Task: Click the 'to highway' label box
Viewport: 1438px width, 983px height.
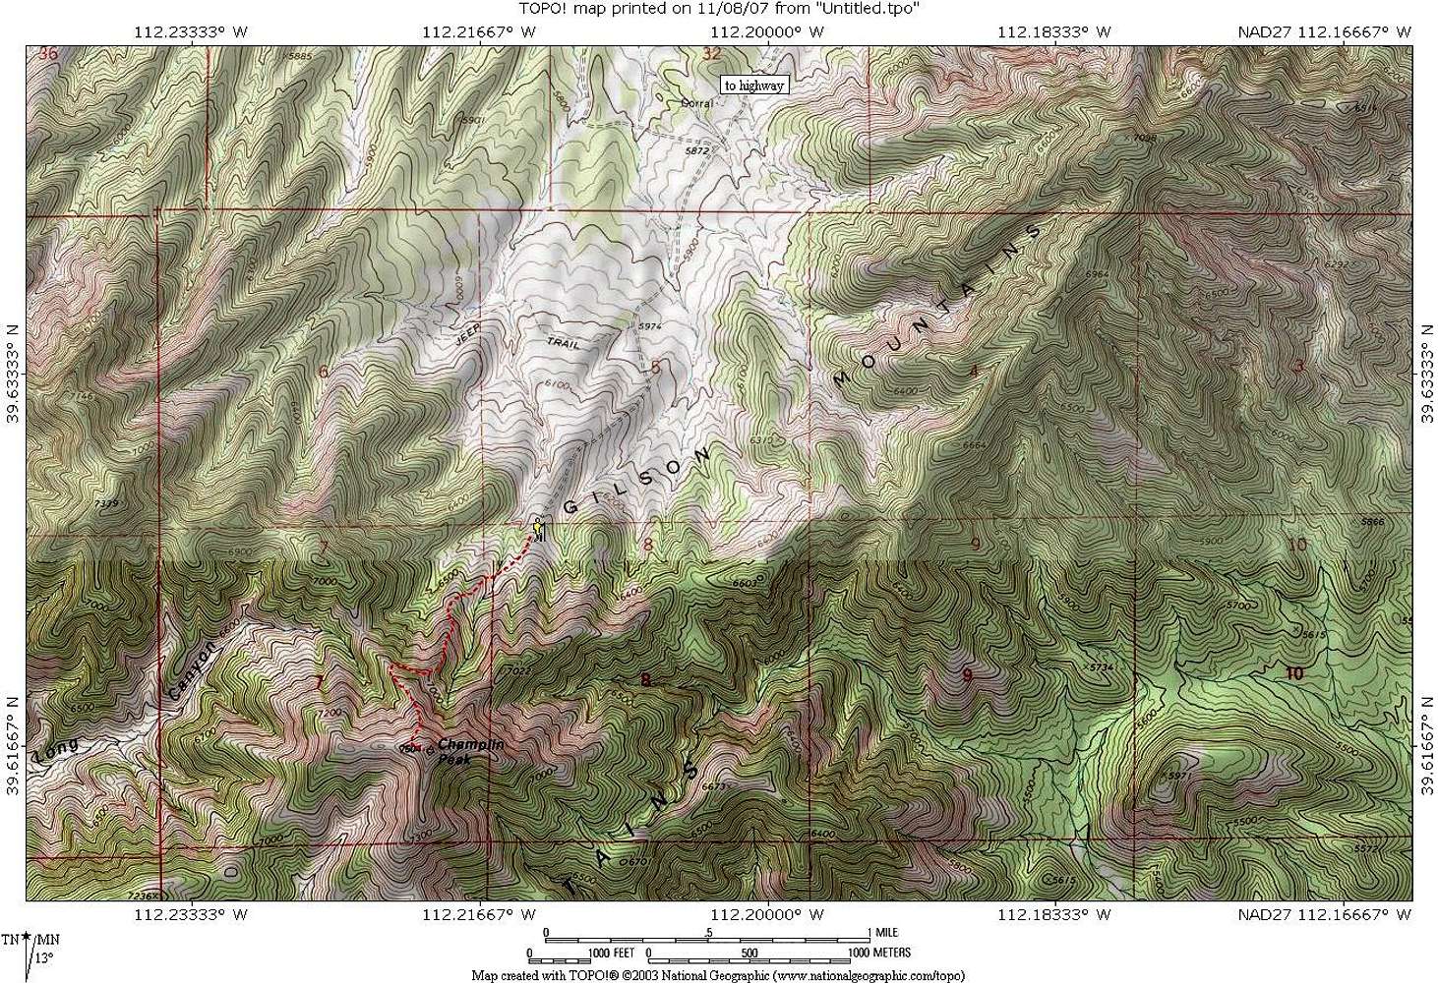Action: (x=754, y=86)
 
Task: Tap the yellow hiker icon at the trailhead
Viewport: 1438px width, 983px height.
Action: (x=538, y=529)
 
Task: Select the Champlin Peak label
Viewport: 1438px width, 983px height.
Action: (x=470, y=751)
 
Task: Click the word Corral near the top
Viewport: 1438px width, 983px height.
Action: (x=696, y=102)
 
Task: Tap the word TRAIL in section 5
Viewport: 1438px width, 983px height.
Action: (x=564, y=343)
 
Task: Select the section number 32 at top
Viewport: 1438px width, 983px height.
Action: (x=712, y=53)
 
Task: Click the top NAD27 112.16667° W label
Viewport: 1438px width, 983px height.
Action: (x=1324, y=31)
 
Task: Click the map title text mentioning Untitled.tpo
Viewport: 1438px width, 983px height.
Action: (x=718, y=9)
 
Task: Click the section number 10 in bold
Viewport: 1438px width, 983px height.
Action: (x=1293, y=673)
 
